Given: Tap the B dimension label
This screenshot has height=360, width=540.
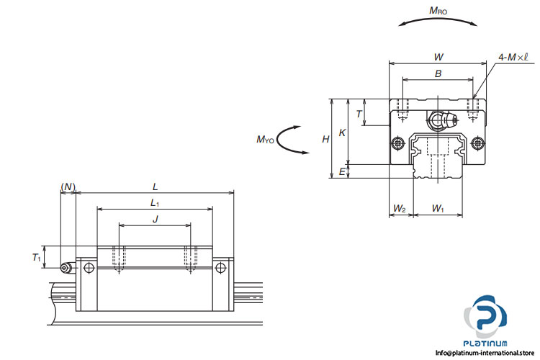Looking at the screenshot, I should pyautogui.click(x=438, y=73).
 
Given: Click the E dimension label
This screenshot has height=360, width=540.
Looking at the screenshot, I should pyautogui.click(x=342, y=171).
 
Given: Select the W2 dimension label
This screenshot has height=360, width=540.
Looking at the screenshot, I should pyautogui.click(x=399, y=209).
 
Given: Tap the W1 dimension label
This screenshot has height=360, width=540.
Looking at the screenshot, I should pyautogui.click(x=438, y=209).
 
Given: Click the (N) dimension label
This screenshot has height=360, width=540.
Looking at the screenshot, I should pyautogui.click(x=68, y=187).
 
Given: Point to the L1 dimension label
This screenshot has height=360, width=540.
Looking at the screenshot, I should pyautogui.click(x=155, y=203).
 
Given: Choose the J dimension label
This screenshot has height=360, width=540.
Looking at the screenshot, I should pyautogui.click(x=155, y=219).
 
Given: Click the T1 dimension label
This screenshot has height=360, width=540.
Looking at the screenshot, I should pyautogui.click(x=37, y=257).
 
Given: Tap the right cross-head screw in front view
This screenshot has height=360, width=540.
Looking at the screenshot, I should pyautogui.click(x=479, y=143).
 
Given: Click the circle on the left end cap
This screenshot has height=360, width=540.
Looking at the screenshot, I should pyautogui.click(x=89, y=269).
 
